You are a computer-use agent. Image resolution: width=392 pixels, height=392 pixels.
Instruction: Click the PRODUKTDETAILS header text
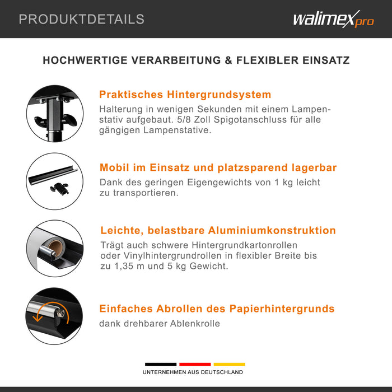pos(82,19)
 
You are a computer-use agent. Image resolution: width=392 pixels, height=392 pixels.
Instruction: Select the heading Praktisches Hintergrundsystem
pos(185,95)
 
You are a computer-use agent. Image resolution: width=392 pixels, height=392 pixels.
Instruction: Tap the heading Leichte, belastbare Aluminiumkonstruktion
pos(218,230)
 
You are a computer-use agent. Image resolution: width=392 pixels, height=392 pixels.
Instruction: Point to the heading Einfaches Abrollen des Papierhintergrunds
pos(217,309)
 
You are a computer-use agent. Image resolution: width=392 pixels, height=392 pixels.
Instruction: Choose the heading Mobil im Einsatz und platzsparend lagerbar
pos(218,167)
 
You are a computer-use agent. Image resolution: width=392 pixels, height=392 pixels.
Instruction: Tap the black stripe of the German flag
pos(161,364)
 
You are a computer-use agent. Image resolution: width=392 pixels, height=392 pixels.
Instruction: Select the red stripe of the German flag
pos(195,364)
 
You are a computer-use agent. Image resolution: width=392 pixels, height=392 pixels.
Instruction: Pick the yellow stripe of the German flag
pos(229,364)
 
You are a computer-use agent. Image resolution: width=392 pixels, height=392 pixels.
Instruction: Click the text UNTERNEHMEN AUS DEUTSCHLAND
pos(193,372)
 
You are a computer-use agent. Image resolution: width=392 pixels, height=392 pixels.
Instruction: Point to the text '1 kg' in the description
pos(278,183)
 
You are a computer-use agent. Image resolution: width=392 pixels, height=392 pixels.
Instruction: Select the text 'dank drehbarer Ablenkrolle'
pos(160,324)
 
